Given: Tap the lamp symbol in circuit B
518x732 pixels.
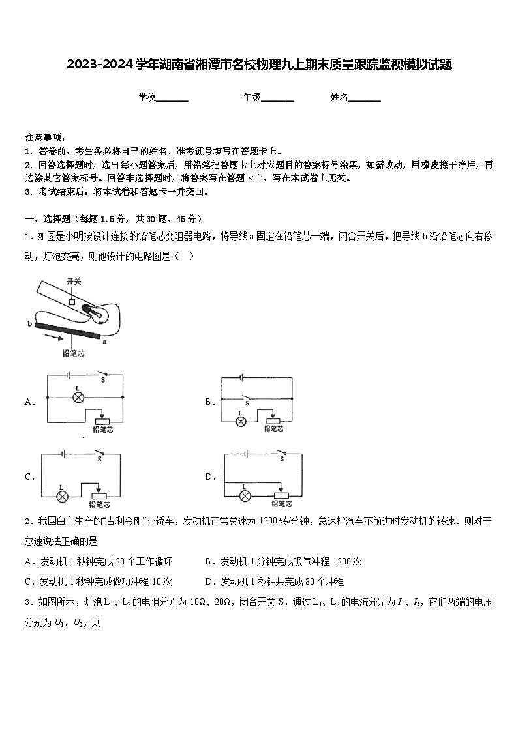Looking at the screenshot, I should (x=240, y=421).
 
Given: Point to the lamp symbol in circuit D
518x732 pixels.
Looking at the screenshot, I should (x=245, y=496).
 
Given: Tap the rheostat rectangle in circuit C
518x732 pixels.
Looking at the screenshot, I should (x=100, y=495).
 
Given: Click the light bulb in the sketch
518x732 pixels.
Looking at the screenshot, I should (x=96, y=314).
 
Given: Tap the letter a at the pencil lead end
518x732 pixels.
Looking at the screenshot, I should (x=104, y=340).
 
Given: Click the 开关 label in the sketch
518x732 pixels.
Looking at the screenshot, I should (x=74, y=280).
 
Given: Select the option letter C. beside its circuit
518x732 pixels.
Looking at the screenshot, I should (x=30, y=476).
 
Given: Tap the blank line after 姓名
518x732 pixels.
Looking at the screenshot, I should (x=365, y=98).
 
